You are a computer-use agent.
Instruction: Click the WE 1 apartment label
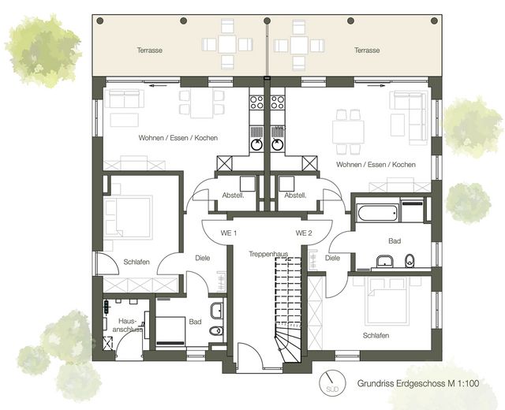pyautogui.click(x=228, y=233)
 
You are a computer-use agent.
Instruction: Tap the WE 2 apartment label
pyautogui.click(x=304, y=233)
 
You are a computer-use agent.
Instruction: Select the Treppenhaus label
pyautogui.click(x=268, y=254)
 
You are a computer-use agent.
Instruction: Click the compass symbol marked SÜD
pyautogui.click(x=332, y=383)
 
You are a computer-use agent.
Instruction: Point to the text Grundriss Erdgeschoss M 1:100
pyautogui.click(x=418, y=383)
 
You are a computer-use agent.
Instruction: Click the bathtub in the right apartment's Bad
pyautogui.click(x=377, y=214)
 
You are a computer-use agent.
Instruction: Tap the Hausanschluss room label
pyautogui.click(x=128, y=326)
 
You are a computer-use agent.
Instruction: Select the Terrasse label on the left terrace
pyautogui.click(x=149, y=50)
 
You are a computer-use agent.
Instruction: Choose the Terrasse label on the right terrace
pyautogui.click(x=367, y=50)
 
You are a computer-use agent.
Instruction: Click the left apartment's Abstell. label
pyautogui.click(x=234, y=196)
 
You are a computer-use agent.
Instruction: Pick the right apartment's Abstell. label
pyautogui.click(x=295, y=196)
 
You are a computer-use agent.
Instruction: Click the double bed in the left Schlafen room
pyautogui.click(x=128, y=218)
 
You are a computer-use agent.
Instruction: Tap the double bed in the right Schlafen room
pyautogui.click(x=387, y=300)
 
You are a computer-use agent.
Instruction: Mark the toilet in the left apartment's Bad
pyautogui.click(x=215, y=330)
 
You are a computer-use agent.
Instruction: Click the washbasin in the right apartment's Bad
pyautogui.click(x=385, y=261)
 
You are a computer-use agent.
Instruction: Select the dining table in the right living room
pyautogui.click(x=348, y=132)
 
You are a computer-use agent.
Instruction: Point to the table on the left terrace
pyautogui.click(x=227, y=44)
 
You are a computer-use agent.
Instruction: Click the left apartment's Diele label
pyautogui.click(x=203, y=258)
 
